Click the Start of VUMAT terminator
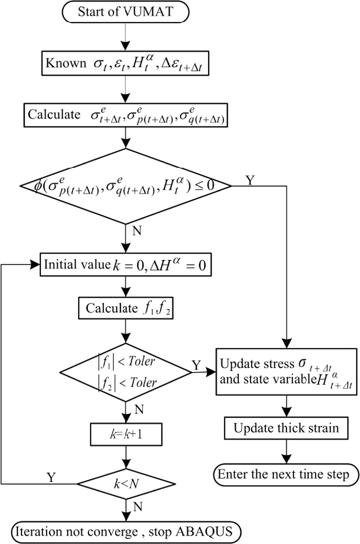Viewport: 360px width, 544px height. pyautogui.click(x=125, y=12)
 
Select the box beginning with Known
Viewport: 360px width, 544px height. pyautogui.click(x=125, y=63)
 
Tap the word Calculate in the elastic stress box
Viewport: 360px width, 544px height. pyautogui.click(x=54, y=114)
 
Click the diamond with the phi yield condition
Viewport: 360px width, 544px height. pyautogui.click(x=125, y=186)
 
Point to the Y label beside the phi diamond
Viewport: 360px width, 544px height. pyautogui.click(x=250, y=180)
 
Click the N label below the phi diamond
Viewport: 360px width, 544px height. pyautogui.click(x=137, y=231)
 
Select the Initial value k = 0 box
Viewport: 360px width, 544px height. pyautogui.click(x=125, y=265)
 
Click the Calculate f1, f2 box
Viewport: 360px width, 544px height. pyautogui.click(x=125, y=308)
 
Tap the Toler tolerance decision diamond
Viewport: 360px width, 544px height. pyautogui.click(x=125, y=372)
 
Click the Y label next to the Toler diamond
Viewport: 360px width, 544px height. pyautogui.click(x=196, y=365)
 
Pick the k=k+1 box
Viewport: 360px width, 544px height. pyautogui.click(x=126, y=434)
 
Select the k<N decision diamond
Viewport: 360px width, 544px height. pyautogui.click(x=126, y=483)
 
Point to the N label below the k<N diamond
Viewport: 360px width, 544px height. pyautogui.click(x=138, y=507)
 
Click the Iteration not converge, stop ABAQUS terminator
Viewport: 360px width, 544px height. pyautogui.click(x=126, y=532)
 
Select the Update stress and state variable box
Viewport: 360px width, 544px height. pyautogui.click(x=286, y=372)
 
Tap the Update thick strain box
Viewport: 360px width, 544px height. pyautogui.click(x=286, y=428)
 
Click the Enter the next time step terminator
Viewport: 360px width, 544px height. pyautogui.click(x=286, y=474)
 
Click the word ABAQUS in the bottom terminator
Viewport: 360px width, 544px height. pyautogui.click(x=204, y=532)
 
